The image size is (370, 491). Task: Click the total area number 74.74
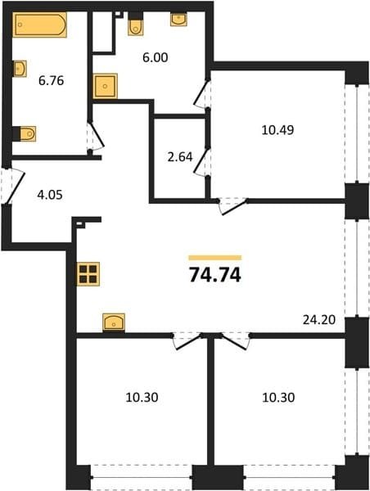tap(215, 276)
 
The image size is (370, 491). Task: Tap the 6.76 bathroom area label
tap(51, 81)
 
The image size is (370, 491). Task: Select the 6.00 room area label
tap(155, 57)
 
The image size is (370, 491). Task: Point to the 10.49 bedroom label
tap(277, 129)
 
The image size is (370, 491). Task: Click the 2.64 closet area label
tap(180, 157)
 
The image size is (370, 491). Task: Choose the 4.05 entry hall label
tap(50, 195)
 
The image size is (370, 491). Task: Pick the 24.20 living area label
tap(319, 320)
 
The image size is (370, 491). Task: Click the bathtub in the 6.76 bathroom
tap(39, 25)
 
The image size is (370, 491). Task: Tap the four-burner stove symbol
tap(88, 274)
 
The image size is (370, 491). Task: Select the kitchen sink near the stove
tap(114, 322)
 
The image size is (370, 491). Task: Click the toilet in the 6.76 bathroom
tap(25, 133)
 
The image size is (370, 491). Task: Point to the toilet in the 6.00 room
tap(135, 24)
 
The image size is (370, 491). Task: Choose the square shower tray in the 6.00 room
tap(106, 86)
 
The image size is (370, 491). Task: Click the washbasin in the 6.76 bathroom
tap(20, 69)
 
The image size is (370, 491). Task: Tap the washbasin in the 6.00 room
tap(178, 19)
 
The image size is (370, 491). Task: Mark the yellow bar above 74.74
tap(215, 258)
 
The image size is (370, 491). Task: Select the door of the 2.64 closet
tap(201, 161)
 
